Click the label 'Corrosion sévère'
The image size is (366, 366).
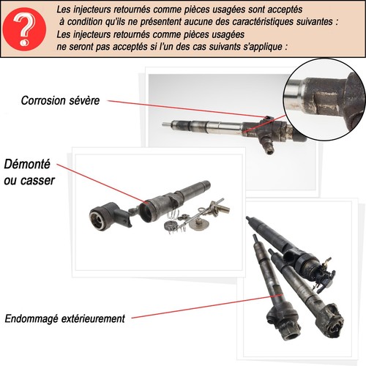click(x=61, y=101)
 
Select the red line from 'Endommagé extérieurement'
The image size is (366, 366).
click(x=198, y=308)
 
